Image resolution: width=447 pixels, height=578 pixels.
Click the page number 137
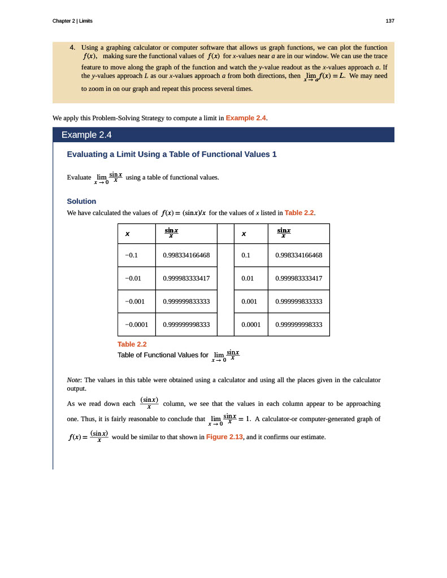[x=390, y=21]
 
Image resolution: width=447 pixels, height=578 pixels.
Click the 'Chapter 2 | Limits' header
[x=72, y=21]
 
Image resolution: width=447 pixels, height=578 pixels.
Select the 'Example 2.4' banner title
[x=86, y=135]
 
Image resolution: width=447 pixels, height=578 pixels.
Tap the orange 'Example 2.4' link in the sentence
[x=246, y=118]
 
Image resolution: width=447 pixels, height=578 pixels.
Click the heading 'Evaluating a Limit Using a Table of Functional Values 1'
[x=172, y=154]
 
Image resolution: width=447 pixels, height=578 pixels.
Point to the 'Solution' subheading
[x=81, y=201]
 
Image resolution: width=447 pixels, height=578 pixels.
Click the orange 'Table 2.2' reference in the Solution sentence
[x=299, y=213]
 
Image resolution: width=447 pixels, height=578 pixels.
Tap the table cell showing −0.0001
[x=136, y=325]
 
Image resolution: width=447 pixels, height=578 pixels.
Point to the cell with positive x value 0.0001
[x=250, y=325]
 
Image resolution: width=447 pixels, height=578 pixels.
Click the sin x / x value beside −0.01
[x=186, y=278]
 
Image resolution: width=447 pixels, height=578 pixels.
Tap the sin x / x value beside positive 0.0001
[x=298, y=325]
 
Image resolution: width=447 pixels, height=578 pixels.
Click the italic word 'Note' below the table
[x=73, y=380]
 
